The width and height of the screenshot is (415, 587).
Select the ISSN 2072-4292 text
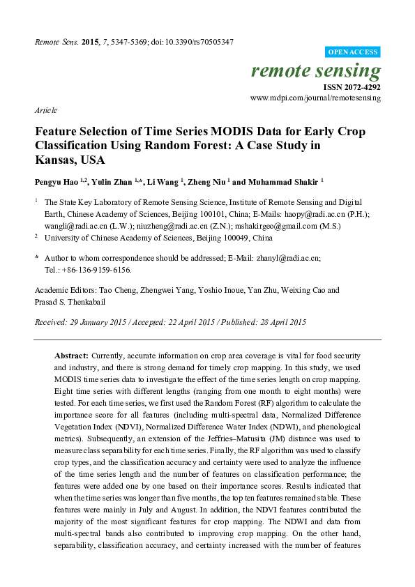pyautogui.click(x=352, y=88)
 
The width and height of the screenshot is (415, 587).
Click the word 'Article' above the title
pyautogui.click(x=45, y=111)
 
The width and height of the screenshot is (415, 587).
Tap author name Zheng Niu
pyautogui.click(x=206, y=181)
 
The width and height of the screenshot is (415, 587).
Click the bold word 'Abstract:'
pyautogui.click(x=71, y=356)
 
